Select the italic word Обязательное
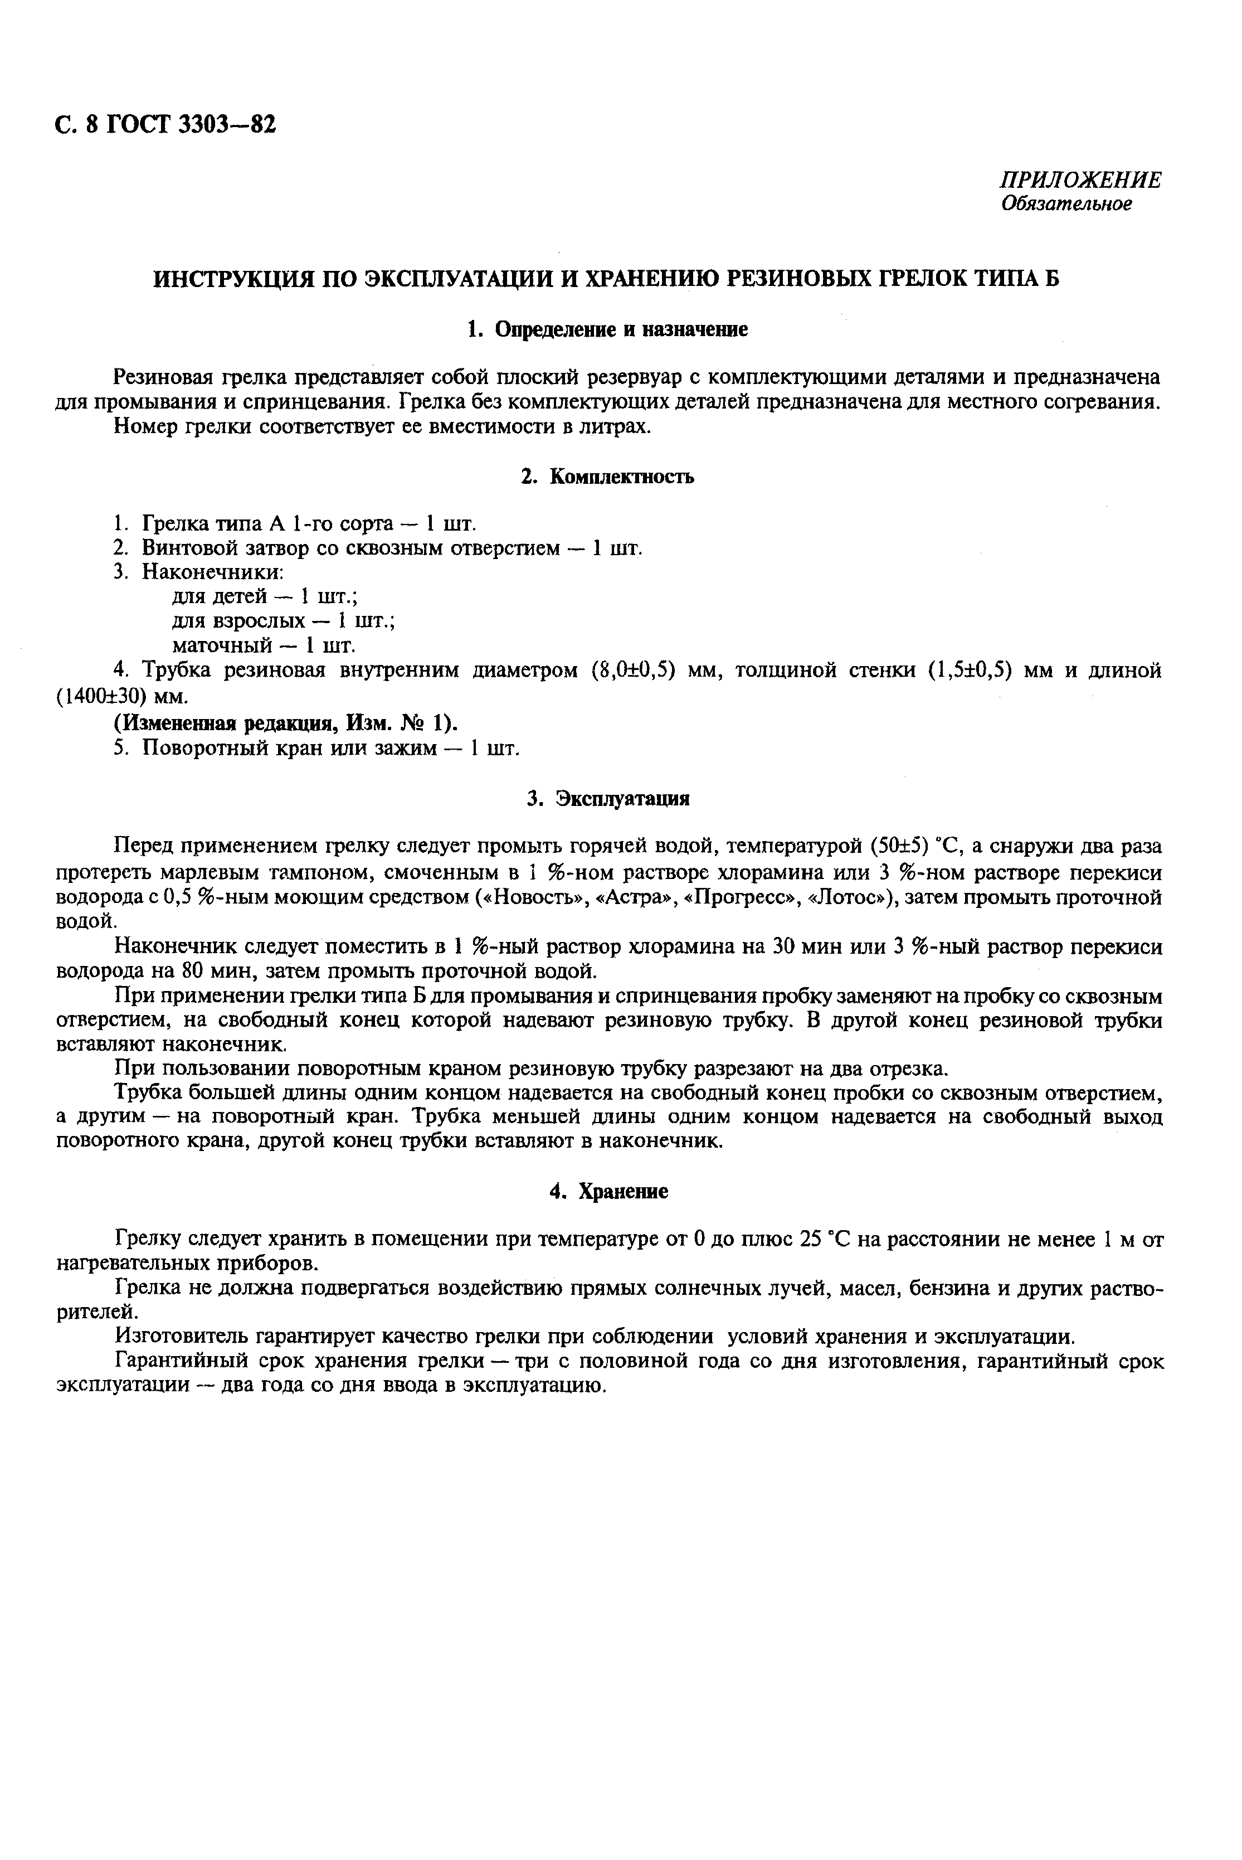pyautogui.click(x=1066, y=205)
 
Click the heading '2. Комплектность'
pyautogui.click(x=607, y=477)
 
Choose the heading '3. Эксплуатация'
pyautogui.click(x=607, y=799)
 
